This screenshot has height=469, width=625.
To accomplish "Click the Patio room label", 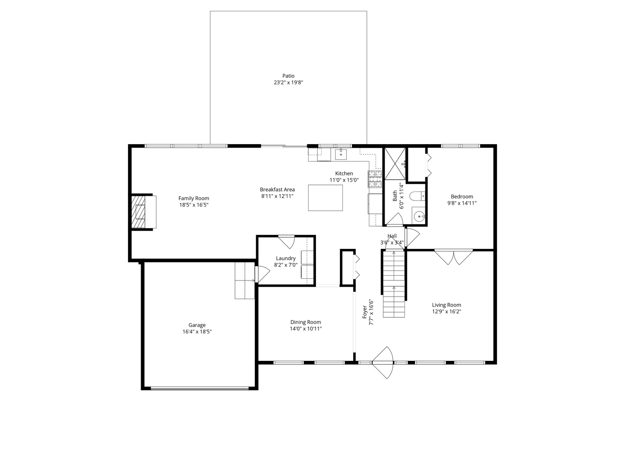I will [x=288, y=76].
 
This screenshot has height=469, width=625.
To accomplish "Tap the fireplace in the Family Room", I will [x=143, y=212].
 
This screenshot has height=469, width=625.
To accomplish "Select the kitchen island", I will [x=325, y=198].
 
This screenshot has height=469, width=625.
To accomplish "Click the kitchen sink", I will [x=341, y=154].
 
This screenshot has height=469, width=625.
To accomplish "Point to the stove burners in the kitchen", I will [x=375, y=179].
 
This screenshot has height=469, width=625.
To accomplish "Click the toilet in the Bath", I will [x=417, y=196].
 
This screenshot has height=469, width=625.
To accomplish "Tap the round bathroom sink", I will [x=419, y=216].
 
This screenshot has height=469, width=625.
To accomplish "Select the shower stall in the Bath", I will [x=395, y=164].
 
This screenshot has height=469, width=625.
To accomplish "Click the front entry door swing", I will [x=383, y=362].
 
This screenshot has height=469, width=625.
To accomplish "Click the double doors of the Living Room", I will [x=454, y=257].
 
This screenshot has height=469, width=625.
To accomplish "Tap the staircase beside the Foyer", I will [x=394, y=284].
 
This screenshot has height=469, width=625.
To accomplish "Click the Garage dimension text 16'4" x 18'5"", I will [x=197, y=332].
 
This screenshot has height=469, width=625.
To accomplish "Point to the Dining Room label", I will [x=306, y=322].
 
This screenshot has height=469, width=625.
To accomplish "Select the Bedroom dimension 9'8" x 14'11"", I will [x=462, y=203].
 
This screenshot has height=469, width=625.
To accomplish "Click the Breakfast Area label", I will [x=277, y=189].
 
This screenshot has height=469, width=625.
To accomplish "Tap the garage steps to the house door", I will [x=244, y=280].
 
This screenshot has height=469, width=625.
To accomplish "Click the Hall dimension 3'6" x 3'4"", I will [x=392, y=243].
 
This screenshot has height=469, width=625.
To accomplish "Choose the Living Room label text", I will [x=446, y=305].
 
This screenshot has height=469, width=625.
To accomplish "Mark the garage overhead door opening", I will [x=200, y=388].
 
